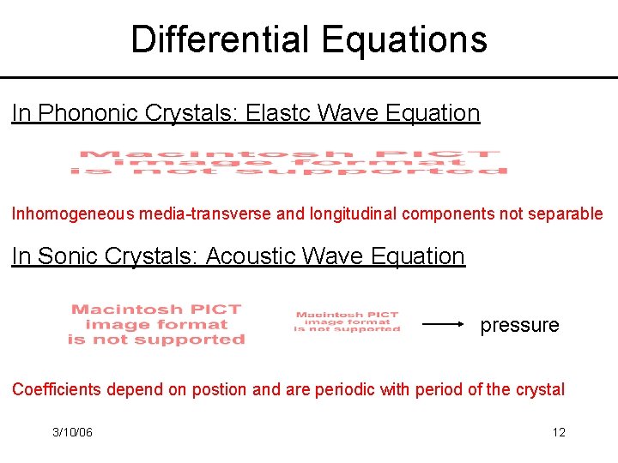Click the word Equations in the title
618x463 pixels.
(404, 39)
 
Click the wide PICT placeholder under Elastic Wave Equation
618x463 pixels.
(288, 162)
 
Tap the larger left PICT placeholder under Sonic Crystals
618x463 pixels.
(156, 324)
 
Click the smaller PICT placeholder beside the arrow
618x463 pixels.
(347, 322)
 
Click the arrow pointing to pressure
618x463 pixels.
(445, 325)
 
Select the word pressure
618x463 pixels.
(519, 325)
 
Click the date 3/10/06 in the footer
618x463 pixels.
(72, 432)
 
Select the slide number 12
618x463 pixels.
(559, 432)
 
